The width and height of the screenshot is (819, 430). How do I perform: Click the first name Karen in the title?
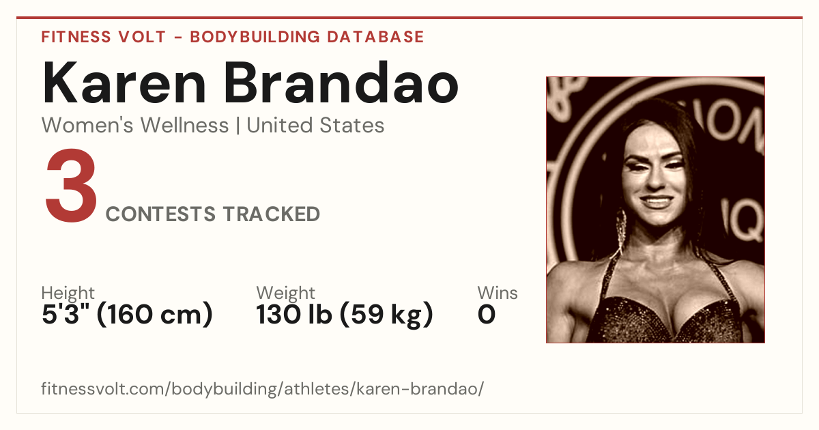tap(124, 83)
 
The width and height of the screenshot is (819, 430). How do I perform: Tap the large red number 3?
tap(71, 185)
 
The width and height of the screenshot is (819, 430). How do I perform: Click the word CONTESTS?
tap(160, 214)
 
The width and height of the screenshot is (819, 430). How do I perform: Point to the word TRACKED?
tap(272, 214)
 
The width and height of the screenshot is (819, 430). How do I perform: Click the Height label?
tap(68, 293)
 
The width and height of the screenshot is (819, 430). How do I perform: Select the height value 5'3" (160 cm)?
tap(127, 314)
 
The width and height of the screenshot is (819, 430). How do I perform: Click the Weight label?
tap(285, 293)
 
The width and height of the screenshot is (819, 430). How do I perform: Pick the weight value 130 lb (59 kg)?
tap(345, 314)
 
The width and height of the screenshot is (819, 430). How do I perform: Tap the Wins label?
tap(498, 293)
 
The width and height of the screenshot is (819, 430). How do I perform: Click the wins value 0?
tap(487, 315)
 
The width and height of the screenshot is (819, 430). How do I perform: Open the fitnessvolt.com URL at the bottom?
tap(262, 388)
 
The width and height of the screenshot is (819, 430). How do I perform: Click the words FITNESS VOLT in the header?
tap(104, 37)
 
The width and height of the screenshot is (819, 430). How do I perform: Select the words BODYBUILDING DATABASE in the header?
tap(307, 37)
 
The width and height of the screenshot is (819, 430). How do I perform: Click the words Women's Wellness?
tap(135, 125)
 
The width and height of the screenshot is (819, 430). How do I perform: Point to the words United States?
tap(315, 125)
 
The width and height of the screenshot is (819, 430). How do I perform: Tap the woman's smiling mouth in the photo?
tap(657, 201)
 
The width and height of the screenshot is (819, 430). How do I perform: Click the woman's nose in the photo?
tap(655, 178)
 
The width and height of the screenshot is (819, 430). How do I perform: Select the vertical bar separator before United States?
tap(238, 126)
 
